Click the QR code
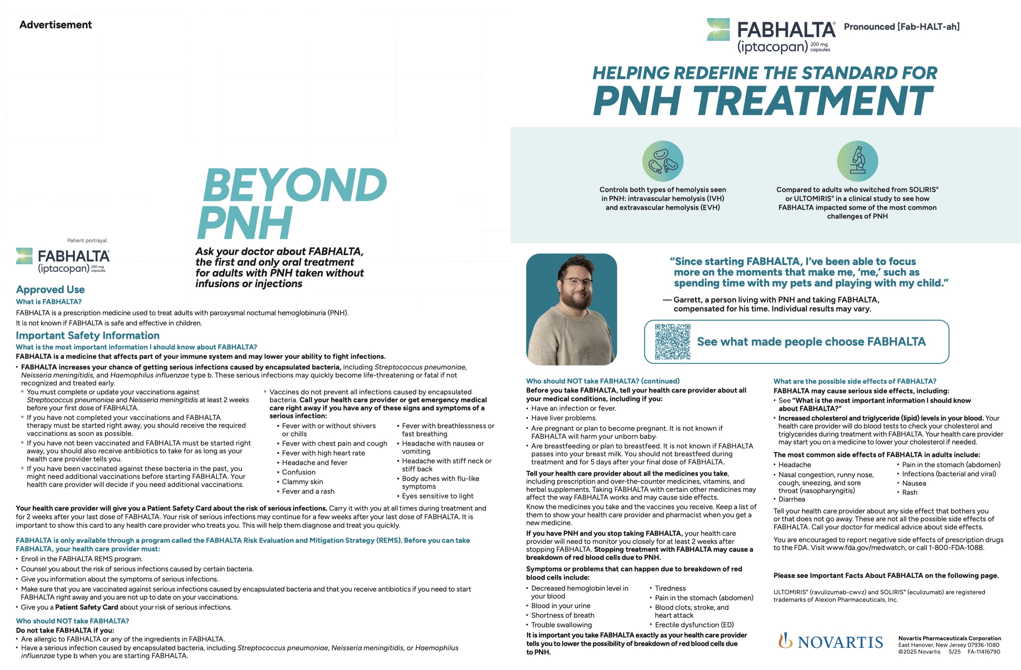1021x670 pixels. tap(672, 342)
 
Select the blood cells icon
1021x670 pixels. tap(662, 161)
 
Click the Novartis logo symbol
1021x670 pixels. tap(785, 640)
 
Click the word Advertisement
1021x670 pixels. tap(56, 25)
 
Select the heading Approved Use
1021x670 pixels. tap(50, 289)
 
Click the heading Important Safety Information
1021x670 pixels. tap(87, 335)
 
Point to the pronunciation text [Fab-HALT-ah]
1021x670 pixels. tap(928, 27)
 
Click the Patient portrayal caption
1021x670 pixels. tap(87, 240)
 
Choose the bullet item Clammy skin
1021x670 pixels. tap(303, 482)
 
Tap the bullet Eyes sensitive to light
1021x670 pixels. tap(438, 496)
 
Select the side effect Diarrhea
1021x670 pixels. tap(792, 499)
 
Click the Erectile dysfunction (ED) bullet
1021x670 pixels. tap(694, 624)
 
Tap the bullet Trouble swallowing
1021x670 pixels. tap(561, 624)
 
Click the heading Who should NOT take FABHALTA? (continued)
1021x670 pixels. tap(603, 381)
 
